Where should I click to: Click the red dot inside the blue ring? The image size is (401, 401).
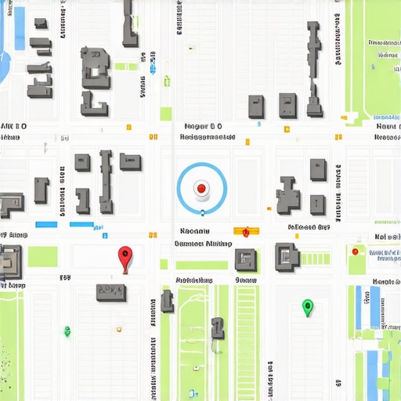(x=201, y=188)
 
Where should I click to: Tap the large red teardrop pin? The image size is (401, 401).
(x=124, y=256)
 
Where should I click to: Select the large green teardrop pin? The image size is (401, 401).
(x=307, y=306)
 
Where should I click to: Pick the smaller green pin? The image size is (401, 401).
(x=67, y=331)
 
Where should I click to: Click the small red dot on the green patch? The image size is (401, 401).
(x=356, y=251)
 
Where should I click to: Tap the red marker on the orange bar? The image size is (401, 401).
(x=246, y=232)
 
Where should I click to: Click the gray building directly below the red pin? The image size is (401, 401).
(x=111, y=292)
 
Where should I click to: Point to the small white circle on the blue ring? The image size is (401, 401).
(x=201, y=210)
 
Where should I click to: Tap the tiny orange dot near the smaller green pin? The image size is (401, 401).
(x=118, y=330)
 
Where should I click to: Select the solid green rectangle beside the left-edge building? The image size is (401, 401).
(x=42, y=257)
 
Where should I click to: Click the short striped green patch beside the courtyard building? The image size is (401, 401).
(x=316, y=258)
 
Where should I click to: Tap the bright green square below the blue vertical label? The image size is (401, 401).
(x=166, y=114)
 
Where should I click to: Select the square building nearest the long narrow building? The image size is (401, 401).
(x=287, y=106)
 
